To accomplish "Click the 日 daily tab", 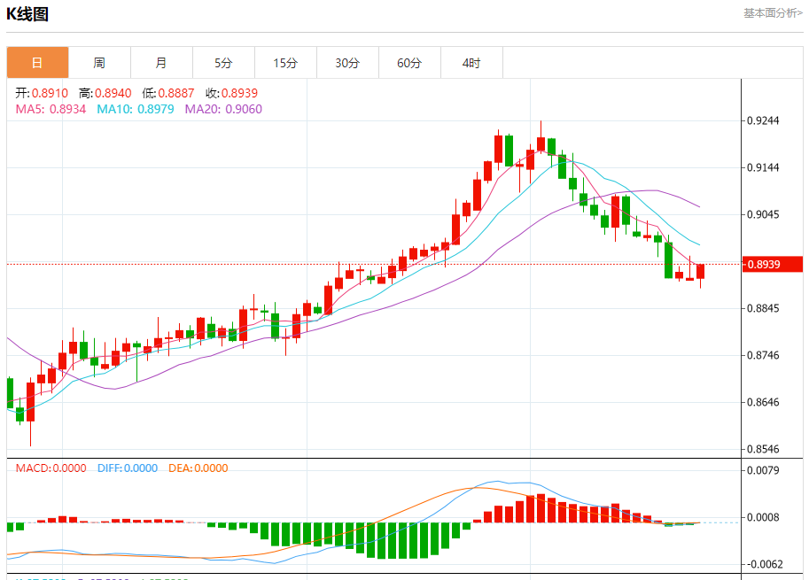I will pos(37,63).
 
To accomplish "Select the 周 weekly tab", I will pos(99,63).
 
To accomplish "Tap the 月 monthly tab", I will pos(161,63).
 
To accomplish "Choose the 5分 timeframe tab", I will pos(223,63).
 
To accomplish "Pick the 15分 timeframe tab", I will pos(285,63).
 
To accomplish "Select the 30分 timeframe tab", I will pos(347,63).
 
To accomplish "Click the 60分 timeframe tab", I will pos(409,63).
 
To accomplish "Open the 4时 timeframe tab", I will pos(471,63).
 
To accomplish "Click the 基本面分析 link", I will pos(773,13).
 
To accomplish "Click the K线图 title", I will pos(27,14).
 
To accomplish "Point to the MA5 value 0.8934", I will pos(67,109).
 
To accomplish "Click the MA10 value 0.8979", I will pos(155,109).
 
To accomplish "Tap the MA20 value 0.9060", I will pos(243,109).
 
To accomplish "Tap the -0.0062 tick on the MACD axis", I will pos(764,564).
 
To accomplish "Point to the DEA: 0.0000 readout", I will pos(197,468).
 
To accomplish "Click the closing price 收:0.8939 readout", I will pos(231,93).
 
